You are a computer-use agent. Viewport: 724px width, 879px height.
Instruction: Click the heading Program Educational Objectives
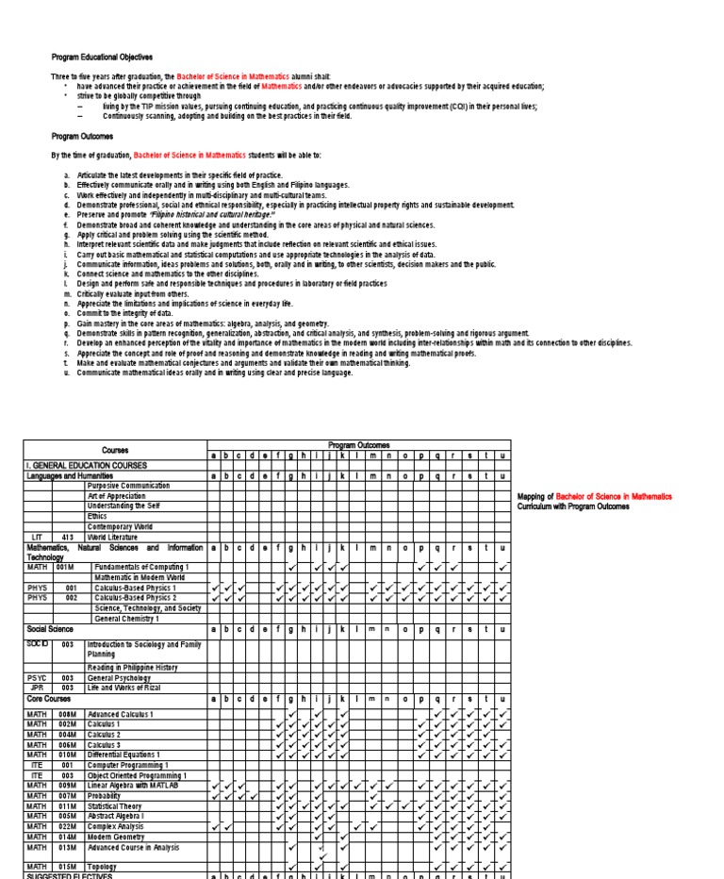101,58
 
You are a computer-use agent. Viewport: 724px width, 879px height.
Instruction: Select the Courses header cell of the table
115,450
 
